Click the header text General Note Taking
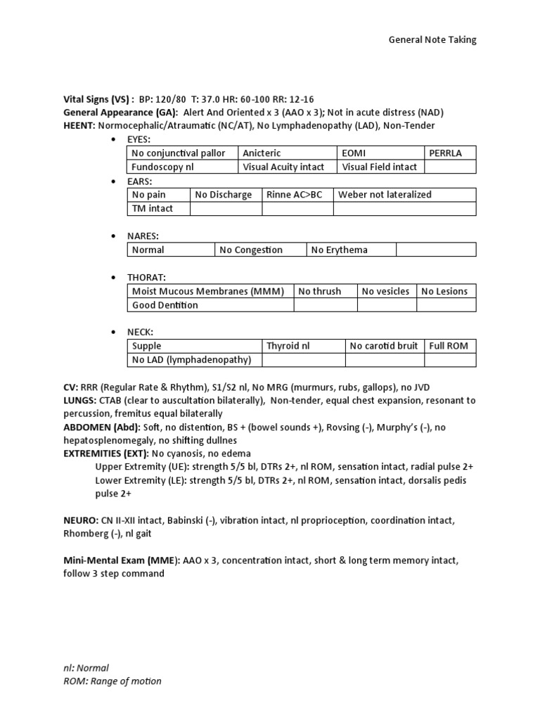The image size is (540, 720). pos(432,40)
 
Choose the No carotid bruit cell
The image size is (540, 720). pos(384,346)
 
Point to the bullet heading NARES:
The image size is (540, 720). pos(146,236)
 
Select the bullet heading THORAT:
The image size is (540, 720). pos(148,277)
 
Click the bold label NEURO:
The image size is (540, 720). pos(81,521)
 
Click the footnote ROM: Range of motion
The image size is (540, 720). pos(112,681)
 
